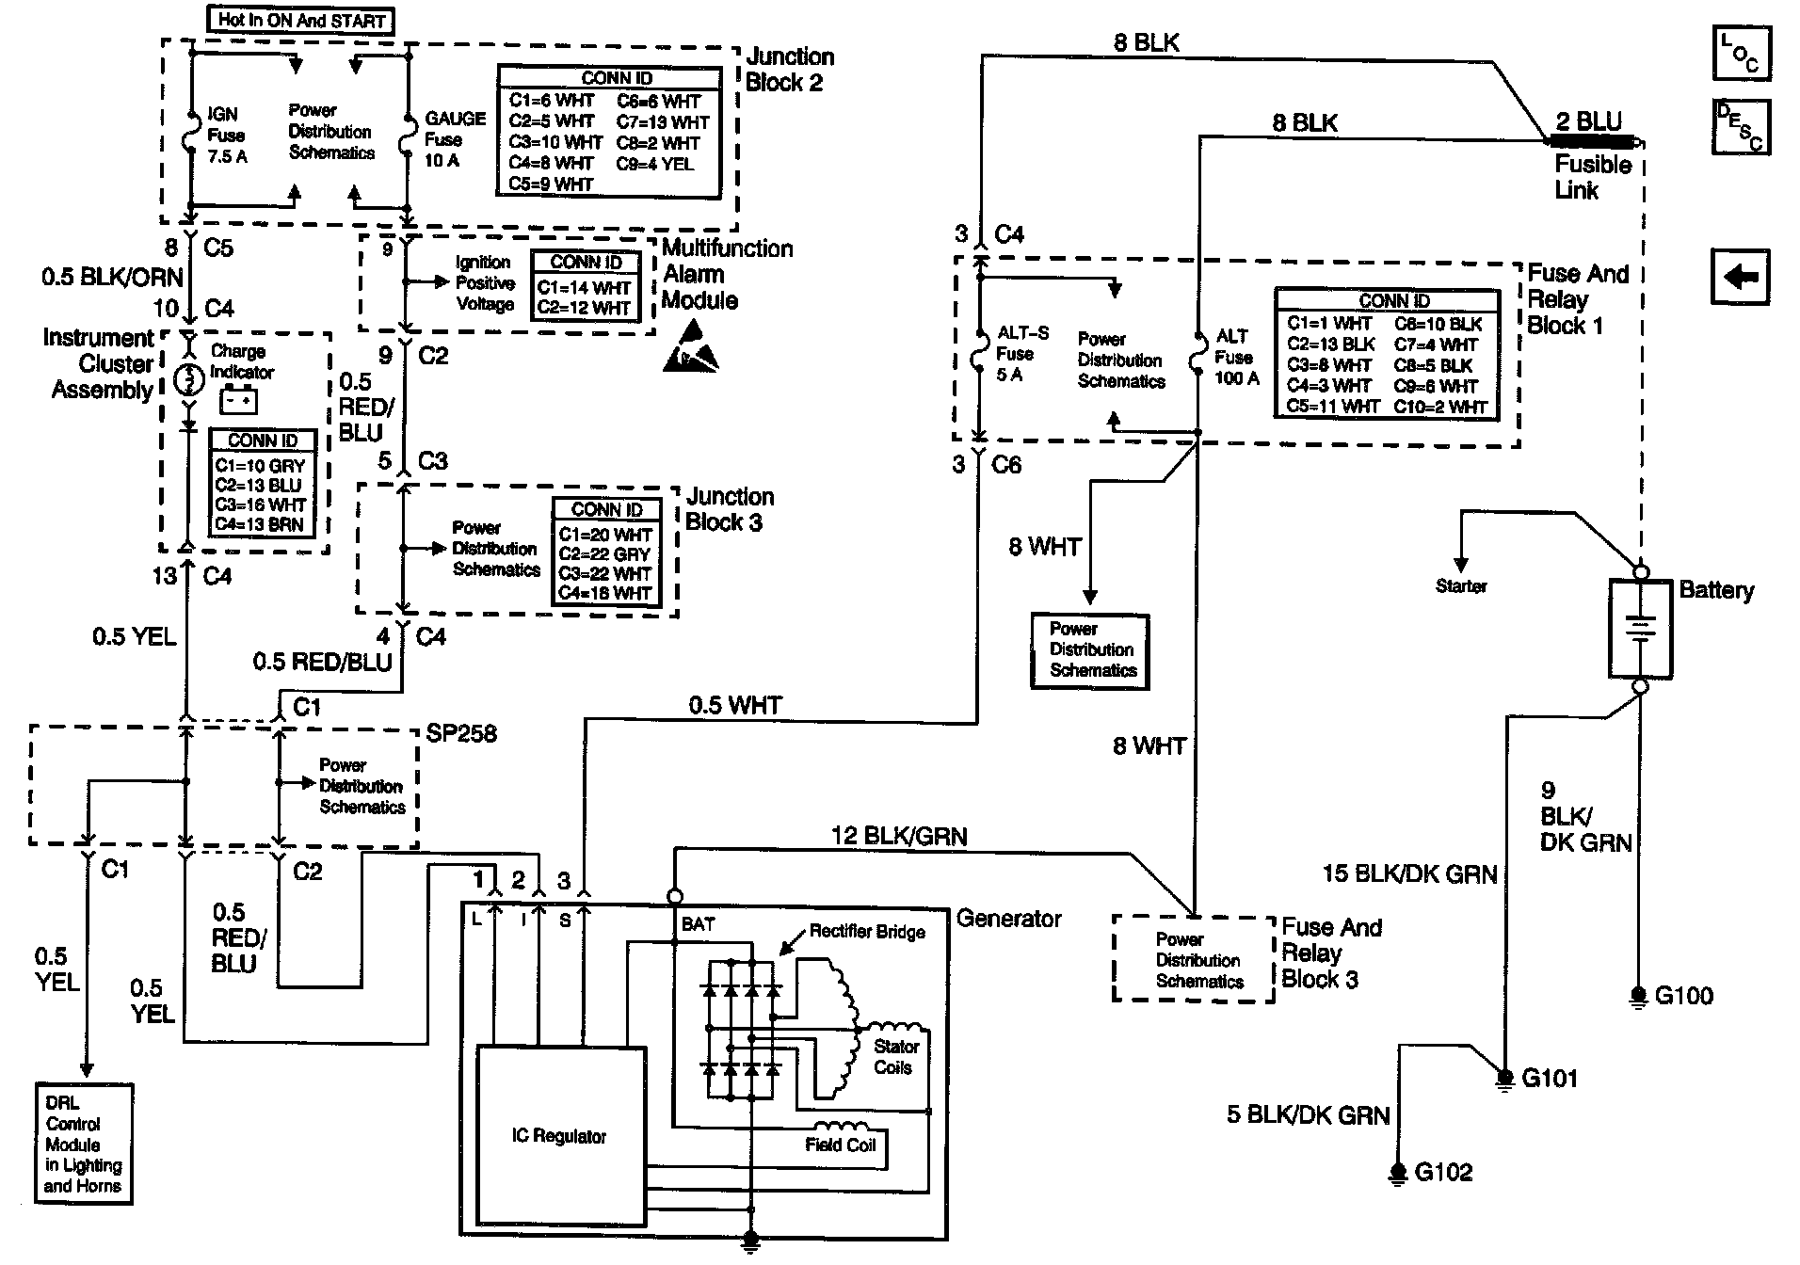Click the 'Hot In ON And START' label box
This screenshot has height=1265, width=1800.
point(300,20)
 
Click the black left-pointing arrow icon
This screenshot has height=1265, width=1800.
point(1741,277)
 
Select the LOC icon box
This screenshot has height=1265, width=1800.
point(1742,53)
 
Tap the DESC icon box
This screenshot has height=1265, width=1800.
point(1742,127)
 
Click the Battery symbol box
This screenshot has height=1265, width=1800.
point(1640,628)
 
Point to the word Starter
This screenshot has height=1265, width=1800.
point(1461,586)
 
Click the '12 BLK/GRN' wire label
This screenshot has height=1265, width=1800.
point(899,836)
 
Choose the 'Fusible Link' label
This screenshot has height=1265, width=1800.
point(1592,177)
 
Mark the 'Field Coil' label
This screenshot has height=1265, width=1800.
point(840,1145)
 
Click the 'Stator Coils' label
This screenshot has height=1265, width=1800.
point(895,1057)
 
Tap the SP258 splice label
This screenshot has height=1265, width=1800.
point(461,733)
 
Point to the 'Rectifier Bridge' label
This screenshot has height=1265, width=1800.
point(867,932)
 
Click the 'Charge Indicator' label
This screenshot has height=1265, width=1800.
point(241,361)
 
